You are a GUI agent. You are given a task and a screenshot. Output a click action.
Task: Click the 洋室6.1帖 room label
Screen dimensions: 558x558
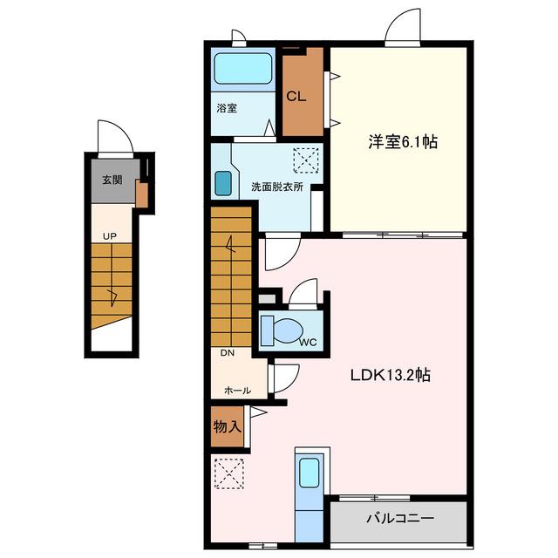(x=403, y=142)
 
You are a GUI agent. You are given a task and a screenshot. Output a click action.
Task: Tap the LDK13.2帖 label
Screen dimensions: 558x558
(x=391, y=375)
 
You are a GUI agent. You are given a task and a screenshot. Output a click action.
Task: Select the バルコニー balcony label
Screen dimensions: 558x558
(x=400, y=518)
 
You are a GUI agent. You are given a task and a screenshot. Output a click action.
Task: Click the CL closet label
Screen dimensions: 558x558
(x=296, y=96)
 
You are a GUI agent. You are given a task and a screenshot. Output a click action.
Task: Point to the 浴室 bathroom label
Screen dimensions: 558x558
(x=227, y=108)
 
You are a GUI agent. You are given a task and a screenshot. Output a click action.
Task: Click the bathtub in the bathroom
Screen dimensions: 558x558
(x=242, y=69)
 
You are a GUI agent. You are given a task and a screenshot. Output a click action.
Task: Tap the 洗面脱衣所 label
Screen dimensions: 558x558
(x=277, y=187)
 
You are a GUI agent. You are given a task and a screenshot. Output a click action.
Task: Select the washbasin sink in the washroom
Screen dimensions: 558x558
(x=223, y=184)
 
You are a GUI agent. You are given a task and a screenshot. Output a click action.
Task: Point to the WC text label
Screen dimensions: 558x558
(x=308, y=343)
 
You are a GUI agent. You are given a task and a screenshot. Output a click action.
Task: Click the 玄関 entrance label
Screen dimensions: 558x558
(x=112, y=180)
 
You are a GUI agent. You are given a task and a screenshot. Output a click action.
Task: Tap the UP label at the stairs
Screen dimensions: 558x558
(x=110, y=236)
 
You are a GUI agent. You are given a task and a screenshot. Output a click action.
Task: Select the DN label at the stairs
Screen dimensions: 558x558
(x=228, y=352)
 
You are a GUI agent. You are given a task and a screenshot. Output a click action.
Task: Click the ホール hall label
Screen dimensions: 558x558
(x=238, y=391)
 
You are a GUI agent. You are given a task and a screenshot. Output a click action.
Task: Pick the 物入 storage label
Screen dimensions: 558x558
(x=228, y=426)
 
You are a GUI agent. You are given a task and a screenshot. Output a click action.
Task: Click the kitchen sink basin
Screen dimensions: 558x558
(x=309, y=473)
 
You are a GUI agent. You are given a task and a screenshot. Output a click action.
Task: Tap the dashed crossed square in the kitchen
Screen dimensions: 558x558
(x=228, y=473)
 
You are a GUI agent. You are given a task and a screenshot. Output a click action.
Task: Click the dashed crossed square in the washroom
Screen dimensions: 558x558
(x=306, y=160)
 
